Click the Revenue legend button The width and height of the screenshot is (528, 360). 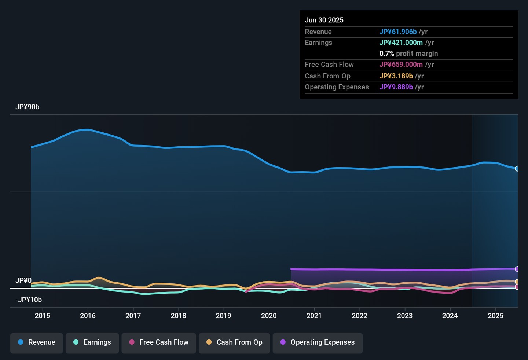point(37,342)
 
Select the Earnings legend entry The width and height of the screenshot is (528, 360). point(92,342)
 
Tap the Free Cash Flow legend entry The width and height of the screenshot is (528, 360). point(159,342)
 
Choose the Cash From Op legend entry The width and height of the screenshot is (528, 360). point(234,342)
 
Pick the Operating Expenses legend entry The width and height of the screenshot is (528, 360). point(318,342)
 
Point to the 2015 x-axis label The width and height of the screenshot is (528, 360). point(43,316)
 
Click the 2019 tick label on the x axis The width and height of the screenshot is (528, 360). point(223,316)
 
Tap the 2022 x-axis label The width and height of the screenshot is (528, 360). point(359,316)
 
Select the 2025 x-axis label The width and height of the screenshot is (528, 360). point(495,316)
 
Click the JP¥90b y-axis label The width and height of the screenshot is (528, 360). point(27,107)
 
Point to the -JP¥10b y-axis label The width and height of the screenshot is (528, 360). point(29,300)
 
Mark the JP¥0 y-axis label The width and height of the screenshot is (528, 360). point(23,280)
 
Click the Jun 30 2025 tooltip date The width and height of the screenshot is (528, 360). point(324,20)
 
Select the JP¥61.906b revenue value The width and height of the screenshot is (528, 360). point(398,32)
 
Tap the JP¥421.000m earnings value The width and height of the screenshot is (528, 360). point(401,43)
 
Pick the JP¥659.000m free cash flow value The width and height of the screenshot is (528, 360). point(401,65)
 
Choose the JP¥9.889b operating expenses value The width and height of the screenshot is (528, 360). point(396,87)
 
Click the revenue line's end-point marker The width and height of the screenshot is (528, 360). point(517,169)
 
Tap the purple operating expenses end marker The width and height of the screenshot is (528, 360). point(517,269)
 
